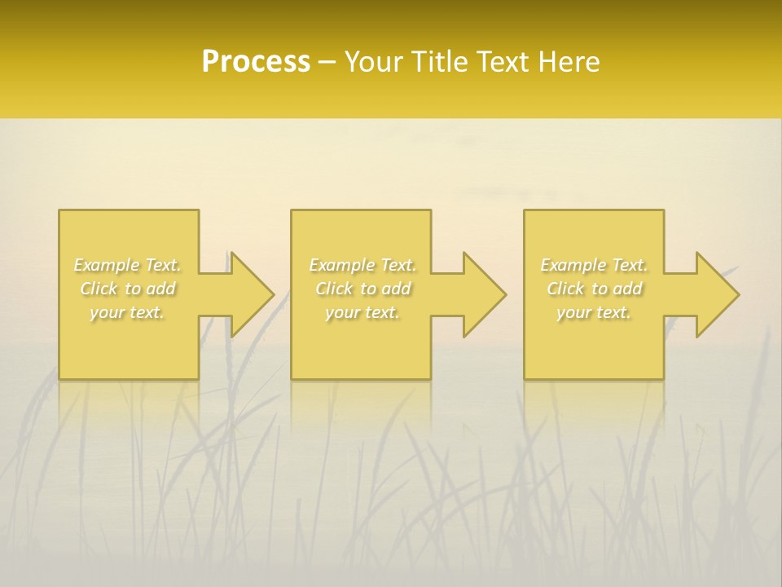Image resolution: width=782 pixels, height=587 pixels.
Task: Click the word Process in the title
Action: click(x=256, y=62)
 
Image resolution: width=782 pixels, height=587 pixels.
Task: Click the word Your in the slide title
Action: click(x=374, y=62)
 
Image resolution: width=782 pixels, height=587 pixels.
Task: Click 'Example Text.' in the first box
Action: click(x=128, y=265)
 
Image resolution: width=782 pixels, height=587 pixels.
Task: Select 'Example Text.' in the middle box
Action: click(x=362, y=265)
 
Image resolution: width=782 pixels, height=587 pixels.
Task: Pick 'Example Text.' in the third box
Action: click(x=594, y=265)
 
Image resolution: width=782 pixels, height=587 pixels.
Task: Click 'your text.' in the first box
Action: click(x=127, y=312)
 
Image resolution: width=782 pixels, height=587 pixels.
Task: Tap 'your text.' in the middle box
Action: click(x=362, y=312)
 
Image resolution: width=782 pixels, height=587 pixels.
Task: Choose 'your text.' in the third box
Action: click(x=594, y=312)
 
